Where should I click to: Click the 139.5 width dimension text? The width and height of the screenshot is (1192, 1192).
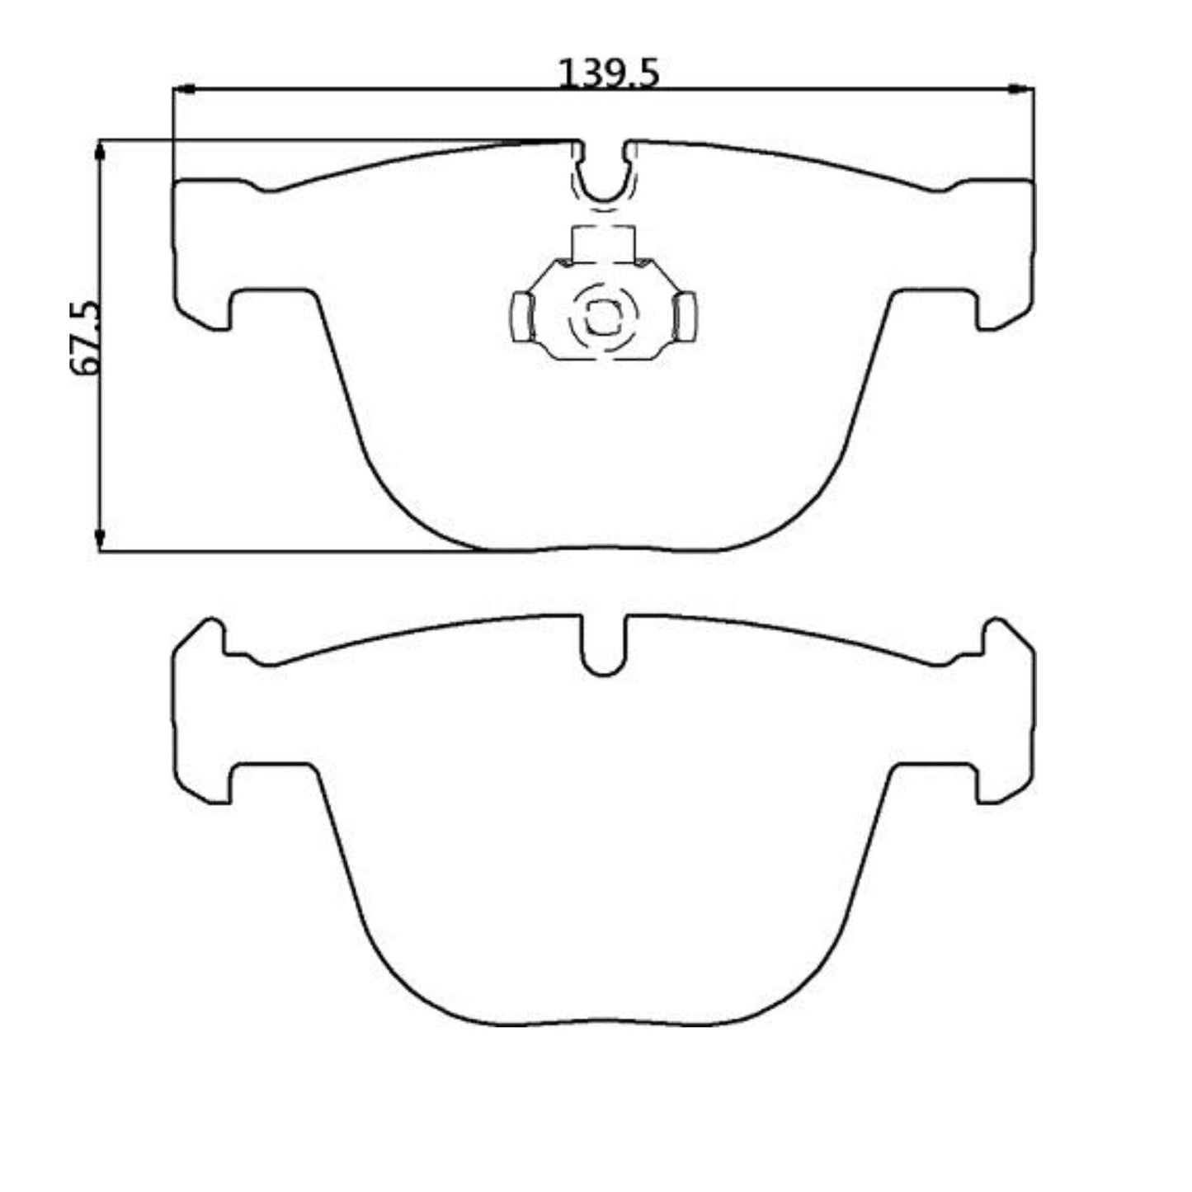609,73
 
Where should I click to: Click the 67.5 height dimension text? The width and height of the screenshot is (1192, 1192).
87,338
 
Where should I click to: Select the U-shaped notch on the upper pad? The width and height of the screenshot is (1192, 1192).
603,177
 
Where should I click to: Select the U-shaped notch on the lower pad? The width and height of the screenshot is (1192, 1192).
603,652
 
